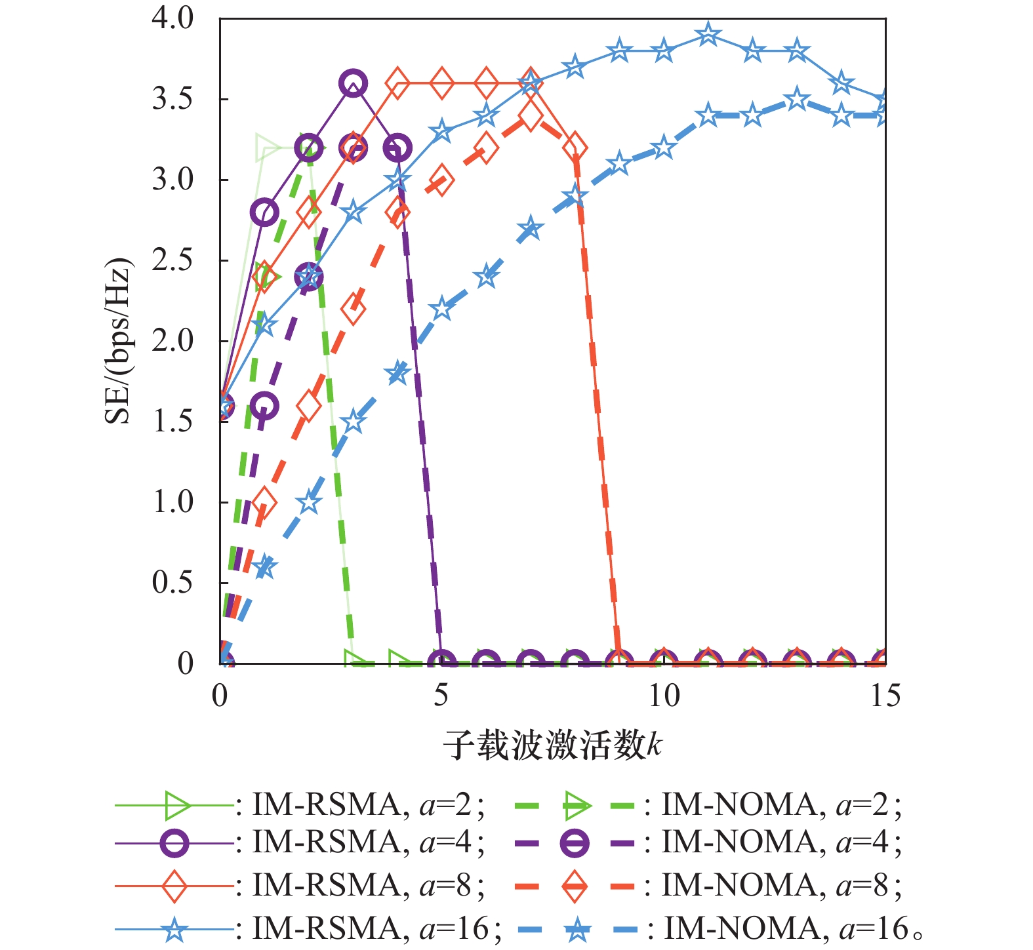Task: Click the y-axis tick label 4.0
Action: [x=173, y=18]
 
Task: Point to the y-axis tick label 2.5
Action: [x=173, y=260]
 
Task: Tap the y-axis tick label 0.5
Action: [x=173, y=583]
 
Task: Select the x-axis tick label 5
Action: [x=441, y=696]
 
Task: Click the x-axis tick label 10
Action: [x=663, y=696]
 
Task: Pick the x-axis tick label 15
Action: [x=885, y=696]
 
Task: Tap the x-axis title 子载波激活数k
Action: [x=552, y=745]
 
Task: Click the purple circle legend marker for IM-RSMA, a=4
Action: [x=174, y=843]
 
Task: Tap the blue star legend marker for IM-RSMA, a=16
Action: [x=174, y=929]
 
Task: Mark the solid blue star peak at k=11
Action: [x=708, y=34]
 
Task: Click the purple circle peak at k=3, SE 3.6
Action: [x=353, y=83]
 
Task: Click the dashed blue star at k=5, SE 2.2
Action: [x=441, y=309]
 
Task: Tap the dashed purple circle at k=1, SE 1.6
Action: [x=264, y=406]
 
